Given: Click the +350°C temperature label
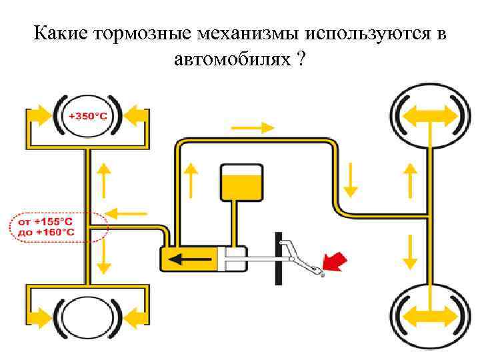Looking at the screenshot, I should (88, 116).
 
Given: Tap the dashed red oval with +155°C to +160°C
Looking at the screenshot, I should (59, 227).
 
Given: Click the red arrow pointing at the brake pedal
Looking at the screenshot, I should (335, 261).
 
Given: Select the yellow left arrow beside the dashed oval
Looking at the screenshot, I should (127, 213).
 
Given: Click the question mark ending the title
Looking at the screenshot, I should (302, 59).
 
